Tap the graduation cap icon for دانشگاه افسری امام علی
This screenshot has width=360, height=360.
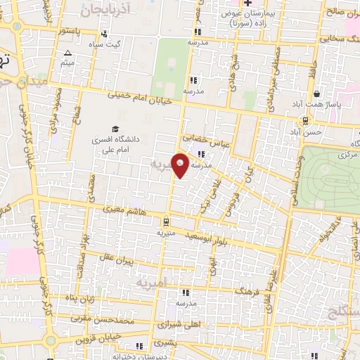click(x=114, y=129)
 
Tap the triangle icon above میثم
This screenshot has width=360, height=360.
click(x=67, y=53)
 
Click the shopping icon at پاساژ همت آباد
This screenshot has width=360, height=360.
click(x=317, y=94)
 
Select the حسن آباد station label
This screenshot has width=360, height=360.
click(x=308, y=131)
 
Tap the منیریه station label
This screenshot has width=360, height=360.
click(x=165, y=231)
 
